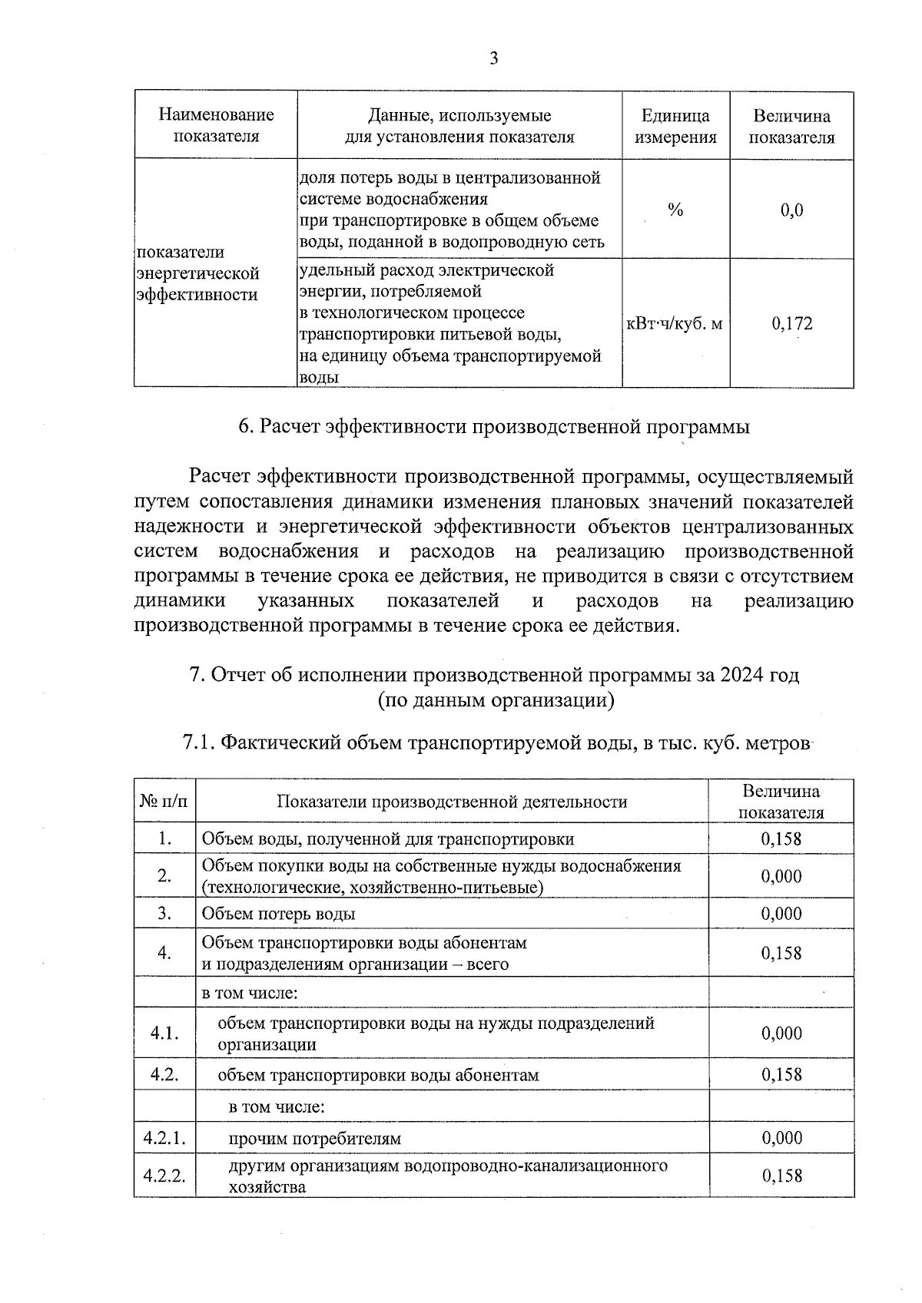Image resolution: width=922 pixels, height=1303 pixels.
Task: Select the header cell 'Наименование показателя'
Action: point(216,126)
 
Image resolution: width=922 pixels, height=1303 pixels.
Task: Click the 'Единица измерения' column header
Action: point(675,126)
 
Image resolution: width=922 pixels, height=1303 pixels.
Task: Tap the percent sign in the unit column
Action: point(675,210)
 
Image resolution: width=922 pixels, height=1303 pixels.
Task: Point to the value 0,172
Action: point(791,324)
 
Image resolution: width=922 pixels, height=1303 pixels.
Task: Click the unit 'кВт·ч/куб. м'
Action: point(675,324)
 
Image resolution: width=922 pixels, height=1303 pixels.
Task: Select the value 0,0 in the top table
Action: point(791,210)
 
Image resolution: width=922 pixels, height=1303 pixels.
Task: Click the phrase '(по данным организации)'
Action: point(496,700)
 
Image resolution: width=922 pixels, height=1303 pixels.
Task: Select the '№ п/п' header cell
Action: point(164,802)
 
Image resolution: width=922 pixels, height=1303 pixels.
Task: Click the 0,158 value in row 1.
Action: point(781,838)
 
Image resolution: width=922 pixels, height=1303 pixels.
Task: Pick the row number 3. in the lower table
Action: point(164,913)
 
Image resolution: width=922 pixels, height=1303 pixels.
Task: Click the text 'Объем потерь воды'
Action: point(278,914)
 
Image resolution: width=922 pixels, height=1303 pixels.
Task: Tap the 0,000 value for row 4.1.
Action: point(781,1033)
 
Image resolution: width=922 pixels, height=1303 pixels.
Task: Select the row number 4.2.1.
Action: point(164,1138)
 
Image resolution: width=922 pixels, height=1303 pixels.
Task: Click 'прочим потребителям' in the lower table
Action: point(314,1138)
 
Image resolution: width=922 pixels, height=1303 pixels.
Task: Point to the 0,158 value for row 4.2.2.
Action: point(781,1176)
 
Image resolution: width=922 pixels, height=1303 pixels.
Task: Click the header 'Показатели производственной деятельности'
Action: point(452,802)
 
